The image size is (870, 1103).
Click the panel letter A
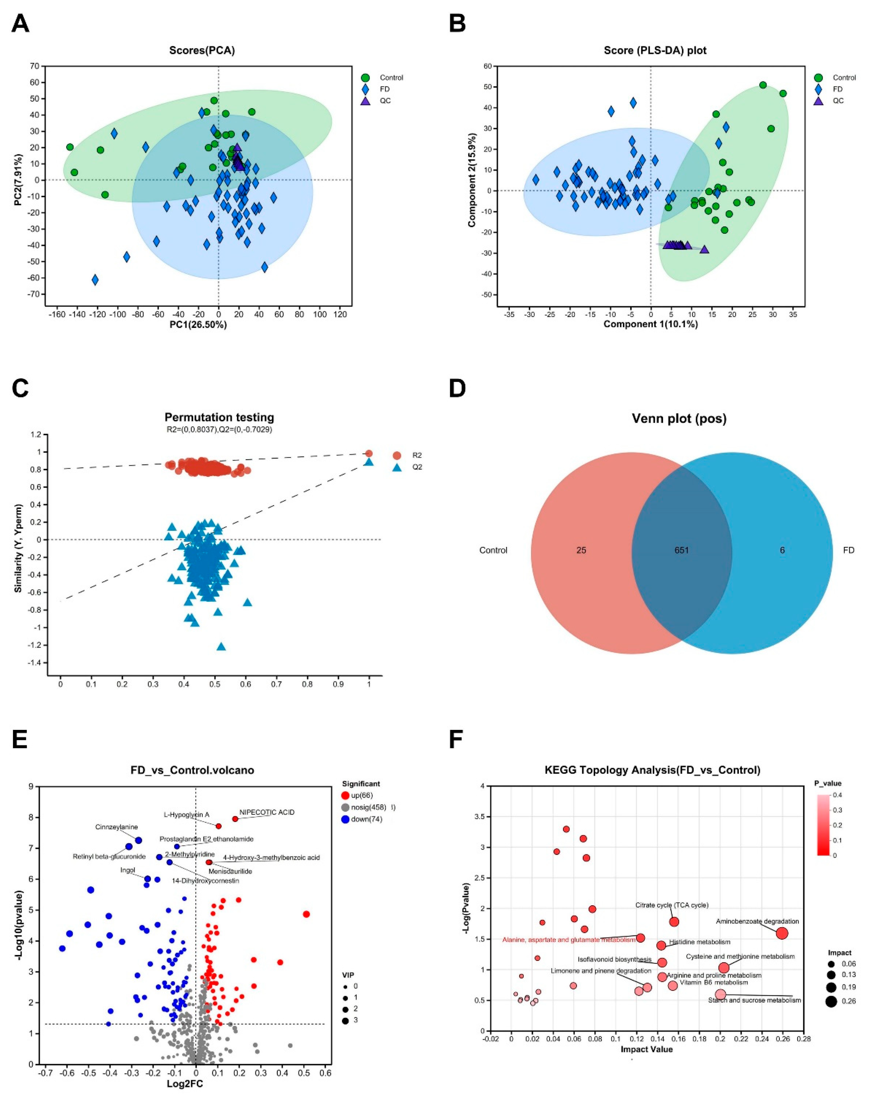click(20, 23)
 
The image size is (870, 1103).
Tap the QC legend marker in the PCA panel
click(365, 100)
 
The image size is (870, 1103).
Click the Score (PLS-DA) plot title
click(655, 51)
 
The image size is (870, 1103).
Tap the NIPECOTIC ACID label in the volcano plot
click(267, 812)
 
